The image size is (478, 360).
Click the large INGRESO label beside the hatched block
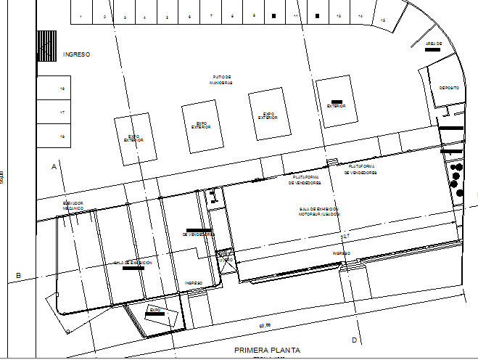click(x=75, y=54)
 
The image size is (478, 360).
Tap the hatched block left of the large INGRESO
click(x=47, y=46)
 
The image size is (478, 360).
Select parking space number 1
click(x=81, y=16)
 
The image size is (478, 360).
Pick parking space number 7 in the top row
click(x=211, y=16)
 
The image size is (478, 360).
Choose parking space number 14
click(x=360, y=16)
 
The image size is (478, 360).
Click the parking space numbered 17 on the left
click(x=62, y=112)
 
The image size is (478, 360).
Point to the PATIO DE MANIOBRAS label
click(x=222, y=79)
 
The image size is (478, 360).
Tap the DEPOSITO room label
click(x=449, y=88)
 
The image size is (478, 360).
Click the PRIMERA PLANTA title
click(x=266, y=350)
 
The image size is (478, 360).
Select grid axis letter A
click(x=54, y=166)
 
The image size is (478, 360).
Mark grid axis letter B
click(x=18, y=275)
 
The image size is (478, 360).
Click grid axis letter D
click(x=355, y=340)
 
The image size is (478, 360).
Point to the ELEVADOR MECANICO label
click(x=73, y=205)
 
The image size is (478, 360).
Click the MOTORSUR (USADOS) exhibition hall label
click(x=319, y=211)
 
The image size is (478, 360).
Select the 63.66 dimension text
click(x=263, y=324)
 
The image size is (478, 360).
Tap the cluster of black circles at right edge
click(x=456, y=179)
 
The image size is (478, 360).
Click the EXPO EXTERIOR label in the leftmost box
click(x=134, y=138)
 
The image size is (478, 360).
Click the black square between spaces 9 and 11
click(x=274, y=15)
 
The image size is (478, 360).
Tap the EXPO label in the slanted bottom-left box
click(x=154, y=310)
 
